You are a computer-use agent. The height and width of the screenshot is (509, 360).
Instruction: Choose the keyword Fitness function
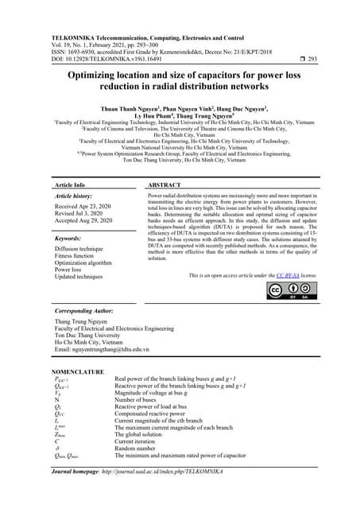click(x=79, y=255)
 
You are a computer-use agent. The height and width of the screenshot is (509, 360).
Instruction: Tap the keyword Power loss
click(x=72, y=270)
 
